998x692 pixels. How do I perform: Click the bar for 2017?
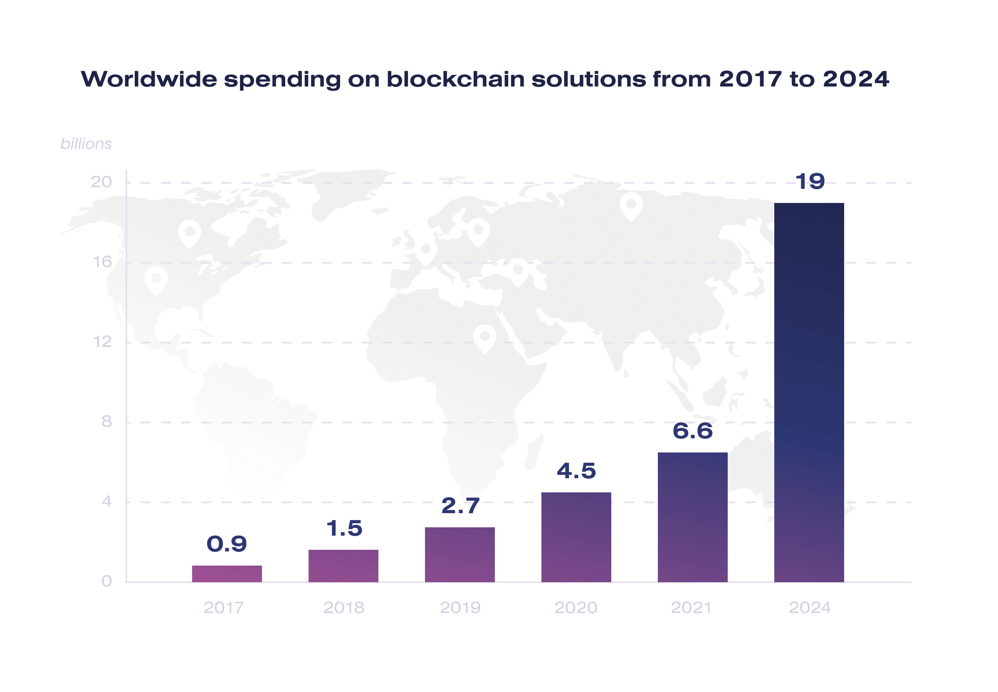click(x=227, y=573)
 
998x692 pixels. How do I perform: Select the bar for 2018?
click(x=343, y=566)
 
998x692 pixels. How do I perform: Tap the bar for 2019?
click(x=459, y=554)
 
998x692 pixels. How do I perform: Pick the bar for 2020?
click(x=576, y=537)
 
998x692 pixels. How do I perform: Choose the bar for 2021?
click(x=692, y=517)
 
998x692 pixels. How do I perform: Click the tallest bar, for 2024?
click(x=808, y=392)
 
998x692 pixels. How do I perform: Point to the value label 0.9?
click(x=227, y=544)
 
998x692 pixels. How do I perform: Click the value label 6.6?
click(x=692, y=431)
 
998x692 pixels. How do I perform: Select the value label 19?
click(x=809, y=181)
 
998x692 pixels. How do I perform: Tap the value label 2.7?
click(x=460, y=506)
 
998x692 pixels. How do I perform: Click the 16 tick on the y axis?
click(x=102, y=262)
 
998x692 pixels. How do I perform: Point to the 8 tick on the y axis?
click(x=106, y=421)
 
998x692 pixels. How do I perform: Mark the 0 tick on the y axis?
click(x=106, y=581)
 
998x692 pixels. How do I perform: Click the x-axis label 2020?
click(x=576, y=608)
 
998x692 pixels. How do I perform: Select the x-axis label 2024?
click(x=809, y=608)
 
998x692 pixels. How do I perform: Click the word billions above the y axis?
click(x=86, y=143)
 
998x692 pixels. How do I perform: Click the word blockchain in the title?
click(x=455, y=79)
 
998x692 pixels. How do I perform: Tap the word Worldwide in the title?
click(x=149, y=79)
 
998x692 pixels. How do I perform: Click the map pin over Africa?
click(x=485, y=338)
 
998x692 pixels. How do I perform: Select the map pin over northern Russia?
click(x=631, y=205)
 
